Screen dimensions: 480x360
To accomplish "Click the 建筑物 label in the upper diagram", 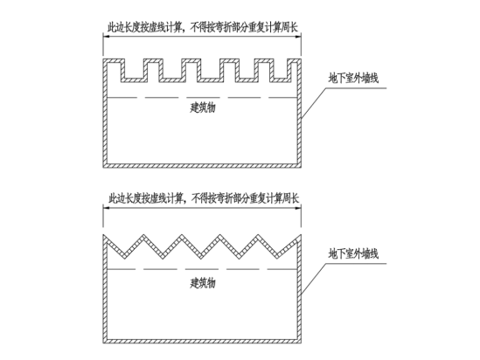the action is pyautogui.click(x=203, y=107).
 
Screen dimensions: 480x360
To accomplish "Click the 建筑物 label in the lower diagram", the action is pyautogui.click(x=203, y=283).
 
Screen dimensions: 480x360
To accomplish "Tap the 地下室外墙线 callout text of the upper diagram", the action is pyautogui.click(x=353, y=78).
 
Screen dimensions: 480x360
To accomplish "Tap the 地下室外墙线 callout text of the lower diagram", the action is pyautogui.click(x=353, y=253).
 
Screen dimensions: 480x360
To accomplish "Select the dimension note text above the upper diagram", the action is pyautogui.click(x=202, y=27).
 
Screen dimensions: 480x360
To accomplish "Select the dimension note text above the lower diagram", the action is pyautogui.click(x=204, y=198).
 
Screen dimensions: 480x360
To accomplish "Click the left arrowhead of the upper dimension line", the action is pyautogui.click(x=107, y=37).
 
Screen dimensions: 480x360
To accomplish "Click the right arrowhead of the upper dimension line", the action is pyautogui.click(x=297, y=37).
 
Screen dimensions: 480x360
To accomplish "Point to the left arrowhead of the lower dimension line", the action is pyautogui.click(x=107, y=208).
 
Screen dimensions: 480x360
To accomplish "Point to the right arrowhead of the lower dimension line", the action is pyautogui.click(x=297, y=208).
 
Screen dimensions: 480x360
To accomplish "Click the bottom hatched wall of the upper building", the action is pyautogui.click(x=202, y=165).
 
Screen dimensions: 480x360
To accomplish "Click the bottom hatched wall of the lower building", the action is pyautogui.click(x=202, y=341).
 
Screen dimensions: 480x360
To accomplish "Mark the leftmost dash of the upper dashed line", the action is pyautogui.click(x=122, y=98).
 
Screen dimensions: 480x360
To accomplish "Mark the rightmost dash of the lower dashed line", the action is pyautogui.click(x=282, y=269).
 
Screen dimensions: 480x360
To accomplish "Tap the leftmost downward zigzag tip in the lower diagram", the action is pyautogui.click(x=125, y=259).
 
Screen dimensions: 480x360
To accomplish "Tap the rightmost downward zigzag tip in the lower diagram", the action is pyautogui.click(x=278, y=259).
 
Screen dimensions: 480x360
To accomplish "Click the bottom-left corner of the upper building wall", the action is pyautogui.click(x=103, y=167).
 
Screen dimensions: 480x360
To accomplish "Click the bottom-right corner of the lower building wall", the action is pyautogui.click(x=302, y=343).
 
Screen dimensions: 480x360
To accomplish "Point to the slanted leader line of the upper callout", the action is pyautogui.click(x=313, y=103).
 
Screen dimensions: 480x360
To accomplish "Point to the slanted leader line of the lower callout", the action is pyautogui.click(x=313, y=279).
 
